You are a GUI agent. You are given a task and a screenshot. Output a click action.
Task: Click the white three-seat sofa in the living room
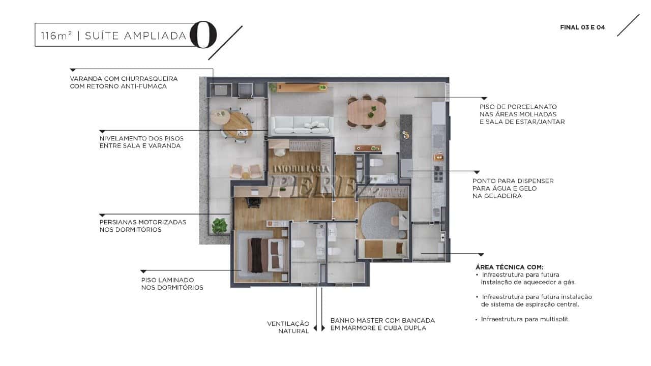click(302, 125)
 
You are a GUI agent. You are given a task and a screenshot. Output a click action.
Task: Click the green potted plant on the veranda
click(219, 225)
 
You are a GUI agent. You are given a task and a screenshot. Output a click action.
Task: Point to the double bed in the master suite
click(265, 255)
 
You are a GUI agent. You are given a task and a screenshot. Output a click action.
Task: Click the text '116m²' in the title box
click(56, 36)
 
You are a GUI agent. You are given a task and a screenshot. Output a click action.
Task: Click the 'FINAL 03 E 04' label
click(582, 27)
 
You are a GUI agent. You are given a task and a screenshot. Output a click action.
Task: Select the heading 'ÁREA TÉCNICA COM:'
click(510, 267)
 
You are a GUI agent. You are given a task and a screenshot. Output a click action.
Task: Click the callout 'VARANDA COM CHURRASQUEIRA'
click(124, 79)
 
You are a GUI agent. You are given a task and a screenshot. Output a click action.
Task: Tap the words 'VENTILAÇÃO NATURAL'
click(288, 327)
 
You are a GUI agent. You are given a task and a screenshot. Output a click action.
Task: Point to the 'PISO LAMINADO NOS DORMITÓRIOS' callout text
click(172, 284)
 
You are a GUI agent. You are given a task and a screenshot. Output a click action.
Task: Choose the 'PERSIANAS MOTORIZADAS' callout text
click(143, 222)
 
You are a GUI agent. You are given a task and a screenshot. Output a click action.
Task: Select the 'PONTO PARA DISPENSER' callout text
click(513, 181)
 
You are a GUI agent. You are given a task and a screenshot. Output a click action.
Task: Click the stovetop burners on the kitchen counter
click(438, 174)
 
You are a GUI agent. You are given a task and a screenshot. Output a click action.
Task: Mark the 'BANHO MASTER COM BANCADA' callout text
click(382, 320)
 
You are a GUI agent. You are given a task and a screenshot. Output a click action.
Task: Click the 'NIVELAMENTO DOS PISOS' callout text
click(141, 139)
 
